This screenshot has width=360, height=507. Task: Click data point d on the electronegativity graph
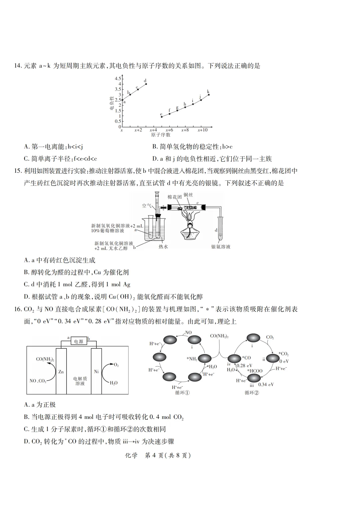tap(146, 84)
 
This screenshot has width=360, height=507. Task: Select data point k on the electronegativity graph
tap(209, 94)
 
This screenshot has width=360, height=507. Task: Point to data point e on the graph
tap(162, 117)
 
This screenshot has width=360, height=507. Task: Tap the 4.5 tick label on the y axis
tap(118, 78)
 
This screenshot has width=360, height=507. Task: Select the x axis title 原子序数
tap(161, 135)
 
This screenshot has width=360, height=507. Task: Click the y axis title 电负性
tap(112, 103)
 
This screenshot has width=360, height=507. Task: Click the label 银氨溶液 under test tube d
tap(221, 247)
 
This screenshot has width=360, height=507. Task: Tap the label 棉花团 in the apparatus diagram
tap(175, 197)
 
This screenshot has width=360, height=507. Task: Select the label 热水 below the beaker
tap(163, 247)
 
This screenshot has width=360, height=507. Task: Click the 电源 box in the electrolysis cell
tap(79, 342)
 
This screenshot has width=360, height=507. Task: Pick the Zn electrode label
tap(61, 372)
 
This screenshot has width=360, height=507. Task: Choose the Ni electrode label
tap(96, 372)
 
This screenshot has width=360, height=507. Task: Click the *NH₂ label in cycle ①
tap(192, 359)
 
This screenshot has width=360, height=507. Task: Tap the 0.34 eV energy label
tap(266, 384)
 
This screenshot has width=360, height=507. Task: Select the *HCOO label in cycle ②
tap(255, 371)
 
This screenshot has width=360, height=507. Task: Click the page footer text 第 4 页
tap(153, 456)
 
